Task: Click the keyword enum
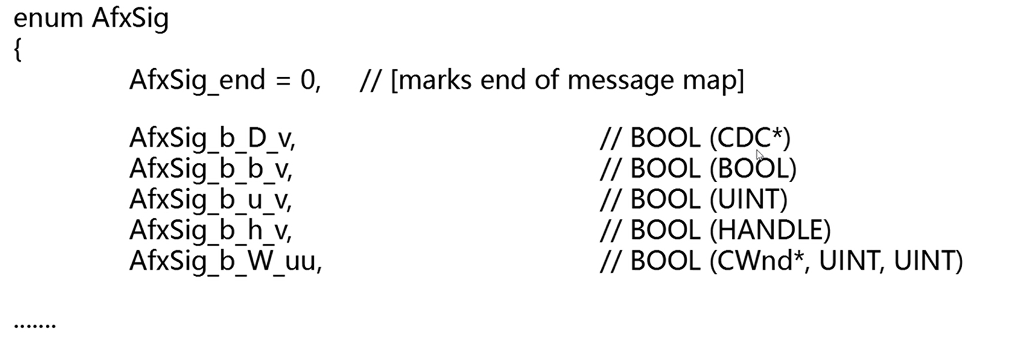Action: coord(49,19)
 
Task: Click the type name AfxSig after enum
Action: coord(130,19)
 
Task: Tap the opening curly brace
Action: coord(17,50)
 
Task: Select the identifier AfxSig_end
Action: coord(197,80)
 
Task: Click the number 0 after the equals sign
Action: coord(308,80)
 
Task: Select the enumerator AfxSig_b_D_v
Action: coord(212,139)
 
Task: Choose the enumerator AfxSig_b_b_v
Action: coord(211,169)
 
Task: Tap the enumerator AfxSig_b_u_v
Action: coord(211,200)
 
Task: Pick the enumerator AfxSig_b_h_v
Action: coord(211,230)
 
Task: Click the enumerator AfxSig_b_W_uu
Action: coord(225,261)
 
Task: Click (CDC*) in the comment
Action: coord(750,139)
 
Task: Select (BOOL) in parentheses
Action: coord(753,169)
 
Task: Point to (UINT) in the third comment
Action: coord(749,200)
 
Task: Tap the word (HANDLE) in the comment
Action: coord(770,230)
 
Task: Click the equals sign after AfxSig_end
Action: coord(282,80)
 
